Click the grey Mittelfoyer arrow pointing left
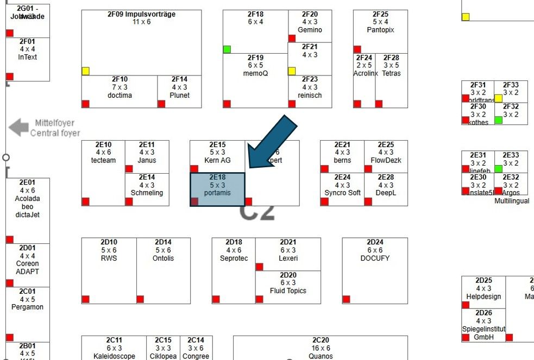[x=18, y=128]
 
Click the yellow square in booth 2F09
[x=85, y=71]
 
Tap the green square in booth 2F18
[x=227, y=49]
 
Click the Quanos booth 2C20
[x=321, y=348]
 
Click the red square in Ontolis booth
[x=140, y=299]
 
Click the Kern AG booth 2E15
[x=217, y=155]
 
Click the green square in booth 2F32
[x=499, y=120]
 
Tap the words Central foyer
[x=55, y=133]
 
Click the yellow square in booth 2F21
[x=292, y=71]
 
